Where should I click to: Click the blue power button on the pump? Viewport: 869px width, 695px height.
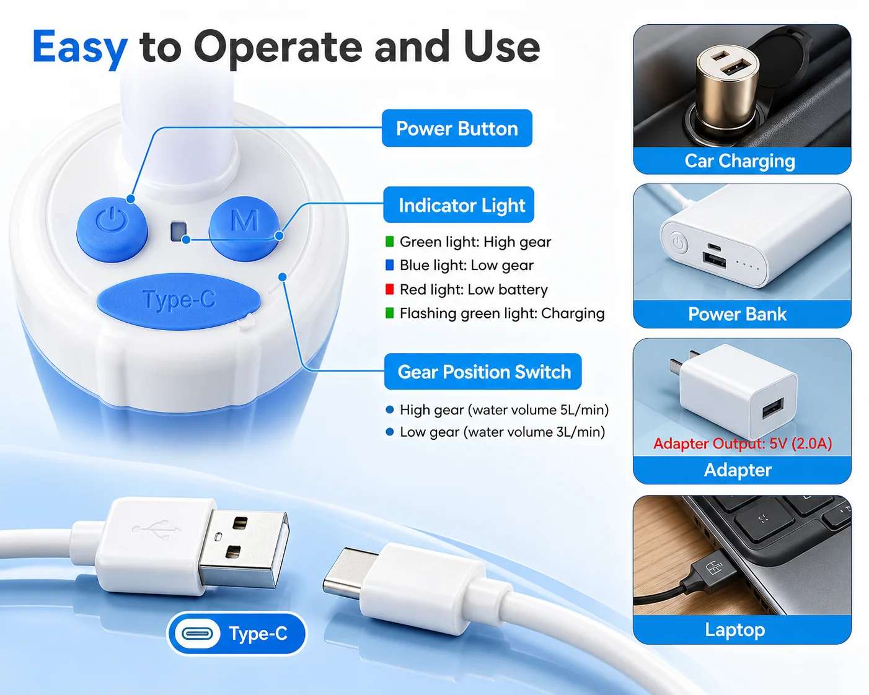(x=112, y=229)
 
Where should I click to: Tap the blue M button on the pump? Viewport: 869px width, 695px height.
(x=244, y=228)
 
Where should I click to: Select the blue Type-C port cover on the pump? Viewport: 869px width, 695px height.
(x=179, y=301)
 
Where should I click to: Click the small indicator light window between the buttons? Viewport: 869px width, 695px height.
(x=179, y=231)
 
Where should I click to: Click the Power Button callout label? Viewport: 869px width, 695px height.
(x=457, y=128)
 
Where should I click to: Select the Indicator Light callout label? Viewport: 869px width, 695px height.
(x=459, y=204)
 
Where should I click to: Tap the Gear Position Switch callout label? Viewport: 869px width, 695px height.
(x=483, y=372)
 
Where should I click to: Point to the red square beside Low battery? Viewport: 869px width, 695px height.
(x=390, y=289)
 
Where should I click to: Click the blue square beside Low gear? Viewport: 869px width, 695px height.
(x=390, y=265)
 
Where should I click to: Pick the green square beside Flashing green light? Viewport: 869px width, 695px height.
(x=390, y=313)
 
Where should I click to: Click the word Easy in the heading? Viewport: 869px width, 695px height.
(x=80, y=48)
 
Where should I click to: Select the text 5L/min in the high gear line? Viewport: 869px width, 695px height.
(x=584, y=410)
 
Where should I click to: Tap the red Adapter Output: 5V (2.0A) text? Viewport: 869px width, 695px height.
(x=743, y=444)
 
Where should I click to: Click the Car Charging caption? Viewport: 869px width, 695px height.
(x=740, y=161)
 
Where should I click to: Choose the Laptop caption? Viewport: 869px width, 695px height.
(x=735, y=629)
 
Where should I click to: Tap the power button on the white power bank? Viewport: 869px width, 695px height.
(x=678, y=243)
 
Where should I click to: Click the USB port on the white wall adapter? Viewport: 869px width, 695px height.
(x=773, y=409)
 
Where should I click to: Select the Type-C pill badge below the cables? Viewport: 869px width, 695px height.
(x=237, y=634)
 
